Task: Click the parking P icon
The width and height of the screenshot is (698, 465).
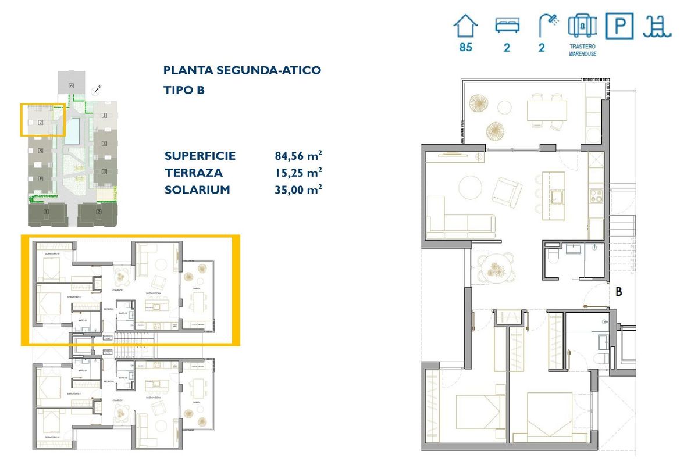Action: tap(619, 27)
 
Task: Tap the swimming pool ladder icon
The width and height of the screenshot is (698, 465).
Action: tap(657, 27)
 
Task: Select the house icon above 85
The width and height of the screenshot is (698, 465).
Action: tap(465, 27)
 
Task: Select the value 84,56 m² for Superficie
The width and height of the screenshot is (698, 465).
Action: tap(298, 156)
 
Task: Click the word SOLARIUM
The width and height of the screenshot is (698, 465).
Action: tap(197, 189)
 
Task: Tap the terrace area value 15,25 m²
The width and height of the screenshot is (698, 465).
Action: tap(298, 173)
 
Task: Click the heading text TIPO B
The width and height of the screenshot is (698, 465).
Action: tap(184, 90)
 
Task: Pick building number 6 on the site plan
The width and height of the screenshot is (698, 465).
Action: tap(71, 86)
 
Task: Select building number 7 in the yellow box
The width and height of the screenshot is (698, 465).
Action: tap(40, 123)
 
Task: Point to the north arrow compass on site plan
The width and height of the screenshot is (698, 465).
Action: tap(97, 90)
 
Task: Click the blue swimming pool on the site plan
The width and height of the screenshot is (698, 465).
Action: tap(73, 131)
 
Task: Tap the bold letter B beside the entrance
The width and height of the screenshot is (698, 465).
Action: tap(619, 292)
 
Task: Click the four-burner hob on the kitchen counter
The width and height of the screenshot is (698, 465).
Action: tap(597, 196)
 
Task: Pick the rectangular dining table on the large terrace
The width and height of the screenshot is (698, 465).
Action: tap(547, 110)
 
